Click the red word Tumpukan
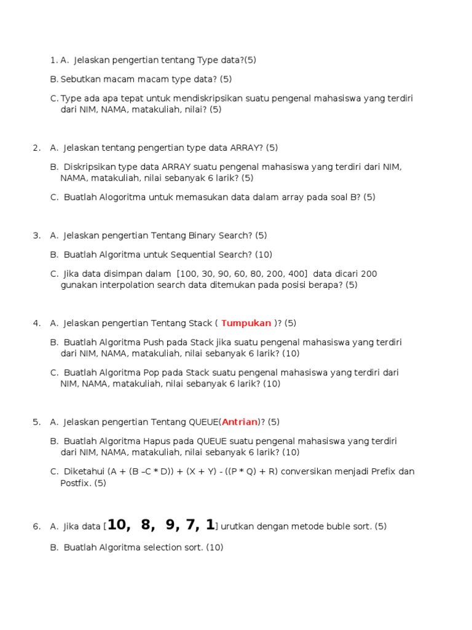[246, 323]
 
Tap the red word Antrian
[240, 422]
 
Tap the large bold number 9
[173, 525]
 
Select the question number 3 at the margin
[36, 236]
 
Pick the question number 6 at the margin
[36, 527]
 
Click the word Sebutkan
[81, 79]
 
